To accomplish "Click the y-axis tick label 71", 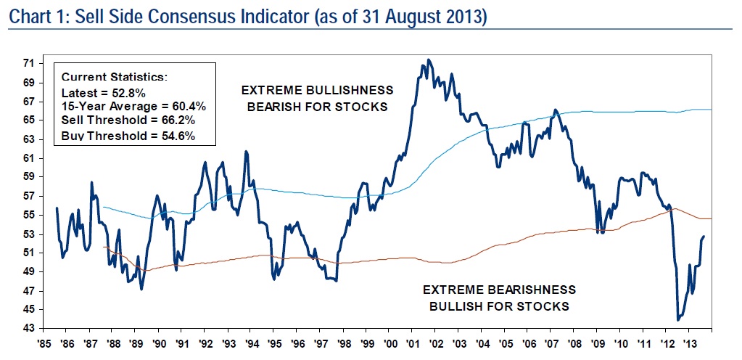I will (x=30, y=63).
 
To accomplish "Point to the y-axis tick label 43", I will (x=30, y=328).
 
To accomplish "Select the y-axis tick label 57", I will (x=30, y=195).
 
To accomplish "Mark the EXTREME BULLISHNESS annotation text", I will (x=318, y=91).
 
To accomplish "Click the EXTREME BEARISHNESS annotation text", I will (x=499, y=290).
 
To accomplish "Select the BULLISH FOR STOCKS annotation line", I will (x=499, y=306).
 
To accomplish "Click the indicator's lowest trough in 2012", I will (x=678, y=319).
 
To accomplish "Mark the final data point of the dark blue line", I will (x=704, y=237).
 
